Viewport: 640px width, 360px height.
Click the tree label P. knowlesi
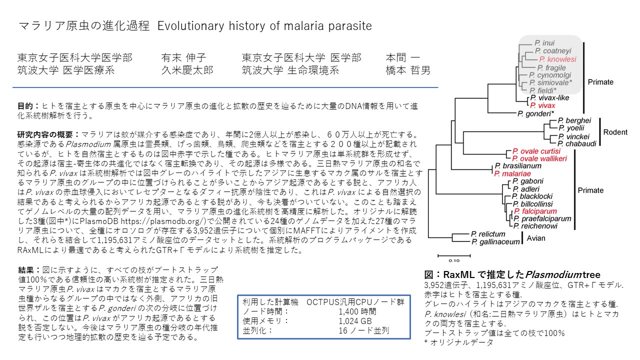click(x=557, y=59)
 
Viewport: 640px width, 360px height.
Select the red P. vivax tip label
click(x=542, y=105)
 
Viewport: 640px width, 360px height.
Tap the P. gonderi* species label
click(x=535, y=113)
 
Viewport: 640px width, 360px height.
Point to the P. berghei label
click(x=574, y=120)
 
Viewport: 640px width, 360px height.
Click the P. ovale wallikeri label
click(x=539, y=158)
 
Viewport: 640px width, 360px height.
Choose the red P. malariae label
click(x=512, y=173)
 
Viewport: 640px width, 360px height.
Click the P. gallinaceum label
click(x=495, y=242)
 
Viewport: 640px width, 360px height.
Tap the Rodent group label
click(x=615, y=132)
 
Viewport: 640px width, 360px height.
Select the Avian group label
click(x=535, y=238)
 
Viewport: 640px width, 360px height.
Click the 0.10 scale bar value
click(x=454, y=260)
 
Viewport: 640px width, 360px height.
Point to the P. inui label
click(x=544, y=43)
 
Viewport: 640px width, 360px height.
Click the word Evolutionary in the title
click(x=191, y=26)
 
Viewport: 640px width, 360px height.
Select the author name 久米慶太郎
click(x=187, y=70)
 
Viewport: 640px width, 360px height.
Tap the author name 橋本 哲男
click(x=407, y=70)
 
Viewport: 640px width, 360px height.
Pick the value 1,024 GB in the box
click(x=355, y=321)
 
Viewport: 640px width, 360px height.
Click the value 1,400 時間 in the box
click(x=357, y=311)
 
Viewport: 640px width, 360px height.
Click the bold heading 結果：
click(x=29, y=270)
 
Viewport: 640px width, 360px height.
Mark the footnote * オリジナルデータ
click(x=459, y=342)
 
